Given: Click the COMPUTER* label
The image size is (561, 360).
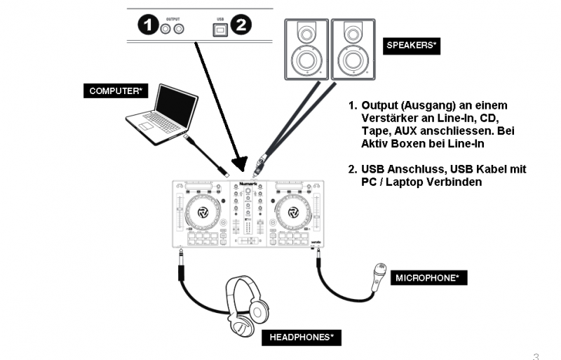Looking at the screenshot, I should pyautogui.click(x=116, y=91).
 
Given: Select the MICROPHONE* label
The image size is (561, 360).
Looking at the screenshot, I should pyautogui.click(x=428, y=279).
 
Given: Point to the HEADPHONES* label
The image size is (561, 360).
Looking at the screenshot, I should pyautogui.click(x=302, y=338).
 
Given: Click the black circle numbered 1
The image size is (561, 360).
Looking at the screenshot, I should pyautogui.click(x=147, y=27).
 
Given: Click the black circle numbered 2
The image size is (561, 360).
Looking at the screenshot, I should pyautogui.click(x=241, y=27).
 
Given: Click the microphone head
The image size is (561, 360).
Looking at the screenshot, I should pyautogui.click(x=379, y=269).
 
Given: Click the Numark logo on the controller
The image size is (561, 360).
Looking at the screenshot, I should pyautogui.click(x=248, y=186).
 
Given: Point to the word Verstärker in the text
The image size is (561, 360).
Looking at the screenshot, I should pyautogui.click(x=388, y=116).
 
